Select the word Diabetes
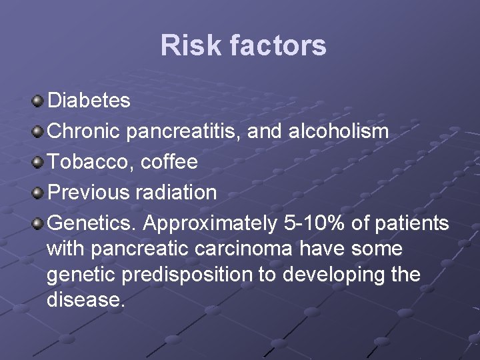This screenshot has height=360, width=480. coord(89,101)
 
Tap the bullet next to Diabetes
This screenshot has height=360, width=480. coord(38,101)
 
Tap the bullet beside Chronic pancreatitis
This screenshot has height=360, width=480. coord(38,131)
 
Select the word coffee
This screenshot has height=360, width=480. coord(169,162)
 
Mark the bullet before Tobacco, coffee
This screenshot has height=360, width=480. coord(38,162)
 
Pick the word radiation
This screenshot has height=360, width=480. coord(176,193)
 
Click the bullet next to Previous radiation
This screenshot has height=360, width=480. coord(38,193)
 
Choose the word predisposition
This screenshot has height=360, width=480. coord(187,275)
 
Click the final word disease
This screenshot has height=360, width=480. coord(85,300)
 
